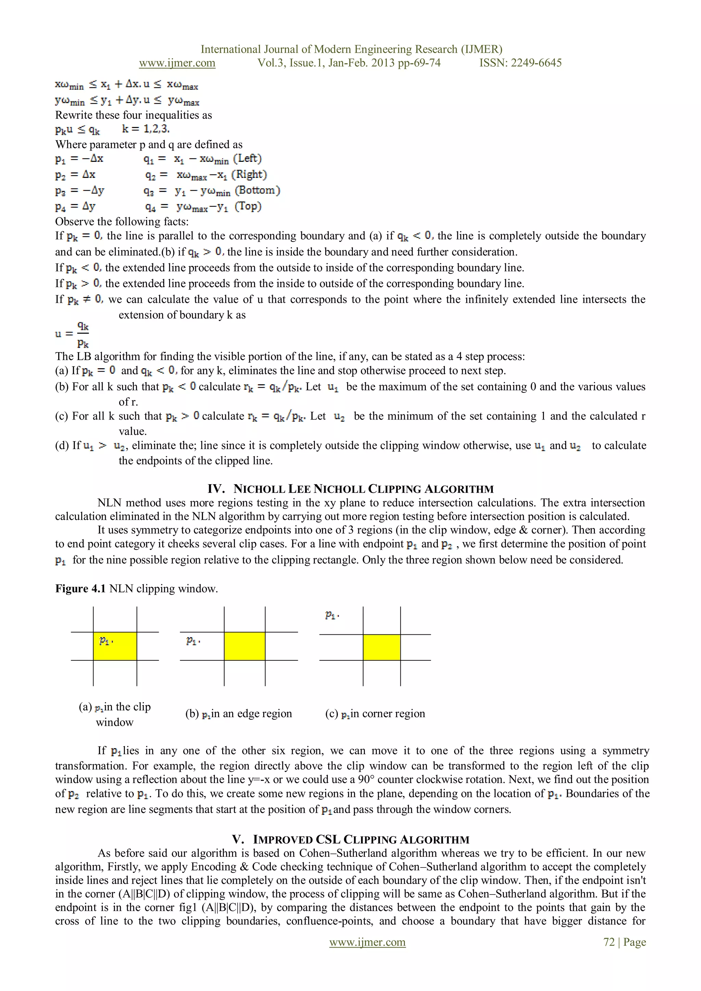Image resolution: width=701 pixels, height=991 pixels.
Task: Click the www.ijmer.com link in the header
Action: point(177,63)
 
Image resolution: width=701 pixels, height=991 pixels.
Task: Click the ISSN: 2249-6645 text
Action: point(520,63)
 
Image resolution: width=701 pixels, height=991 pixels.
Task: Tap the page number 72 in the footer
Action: point(609,942)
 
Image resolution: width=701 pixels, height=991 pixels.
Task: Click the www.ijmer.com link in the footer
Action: point(367,942)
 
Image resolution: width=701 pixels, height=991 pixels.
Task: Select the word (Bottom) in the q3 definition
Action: point(257,190)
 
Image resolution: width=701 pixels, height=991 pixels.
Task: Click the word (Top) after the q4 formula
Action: point(248,206)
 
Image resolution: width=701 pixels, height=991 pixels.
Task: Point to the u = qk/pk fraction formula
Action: point(73,334)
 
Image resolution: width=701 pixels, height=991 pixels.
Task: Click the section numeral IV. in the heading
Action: point(216,489)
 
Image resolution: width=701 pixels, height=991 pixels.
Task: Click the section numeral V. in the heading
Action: point(238,839)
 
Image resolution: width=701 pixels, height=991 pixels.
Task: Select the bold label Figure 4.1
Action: point(80,589)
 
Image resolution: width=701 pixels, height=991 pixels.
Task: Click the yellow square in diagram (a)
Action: point(115,646)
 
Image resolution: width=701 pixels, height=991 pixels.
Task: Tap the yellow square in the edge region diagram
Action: point(244,646)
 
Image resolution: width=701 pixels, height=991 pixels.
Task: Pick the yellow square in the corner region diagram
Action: point(382,647)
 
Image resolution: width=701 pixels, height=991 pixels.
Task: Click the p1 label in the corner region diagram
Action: point(331,615)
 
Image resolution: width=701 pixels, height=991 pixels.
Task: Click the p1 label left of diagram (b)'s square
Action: point(192,641)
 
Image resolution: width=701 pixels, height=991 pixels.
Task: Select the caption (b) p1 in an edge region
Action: point(239,713)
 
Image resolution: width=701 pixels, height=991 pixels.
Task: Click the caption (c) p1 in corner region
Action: point(375,713)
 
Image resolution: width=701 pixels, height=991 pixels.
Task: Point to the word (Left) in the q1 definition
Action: point(247,158)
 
